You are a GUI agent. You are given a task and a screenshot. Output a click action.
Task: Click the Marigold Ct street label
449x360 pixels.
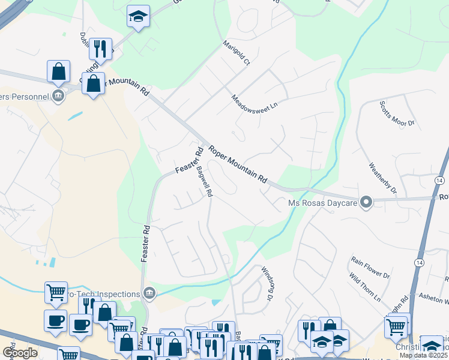click(x=236, y=53)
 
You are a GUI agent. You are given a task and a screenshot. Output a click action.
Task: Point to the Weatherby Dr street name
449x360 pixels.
click(x=382, y=179)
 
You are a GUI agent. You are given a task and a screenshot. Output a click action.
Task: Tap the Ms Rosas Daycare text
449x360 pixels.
click(x=322, y=203)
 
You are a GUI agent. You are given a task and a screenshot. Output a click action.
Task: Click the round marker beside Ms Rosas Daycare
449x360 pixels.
click(x=366, y=202)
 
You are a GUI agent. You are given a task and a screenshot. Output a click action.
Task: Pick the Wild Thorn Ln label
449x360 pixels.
click(x=365, y=287)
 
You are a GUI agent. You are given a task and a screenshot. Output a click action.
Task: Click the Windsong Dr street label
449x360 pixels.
click(x=267, y=284)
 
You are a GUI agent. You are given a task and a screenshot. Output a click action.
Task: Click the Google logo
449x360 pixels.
click(x=20, y=353)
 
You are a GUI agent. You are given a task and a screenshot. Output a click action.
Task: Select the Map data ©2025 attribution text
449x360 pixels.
click(x=424, y=355)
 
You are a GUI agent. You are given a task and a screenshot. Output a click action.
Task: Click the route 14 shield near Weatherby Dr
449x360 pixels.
click(x=440, y=181)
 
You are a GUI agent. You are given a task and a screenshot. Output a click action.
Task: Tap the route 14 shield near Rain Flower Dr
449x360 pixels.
click(x=418, y=263)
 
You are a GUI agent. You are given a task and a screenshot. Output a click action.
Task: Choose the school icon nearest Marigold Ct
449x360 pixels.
click(x=138, y=17)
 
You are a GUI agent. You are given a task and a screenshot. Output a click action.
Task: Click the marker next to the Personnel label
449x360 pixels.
click(x=58, y=96)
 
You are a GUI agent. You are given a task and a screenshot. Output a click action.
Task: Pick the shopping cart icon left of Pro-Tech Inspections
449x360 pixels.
click(x=56, y=293)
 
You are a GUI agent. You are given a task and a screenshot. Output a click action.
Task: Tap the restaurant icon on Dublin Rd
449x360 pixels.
click(x=100, y=49)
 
